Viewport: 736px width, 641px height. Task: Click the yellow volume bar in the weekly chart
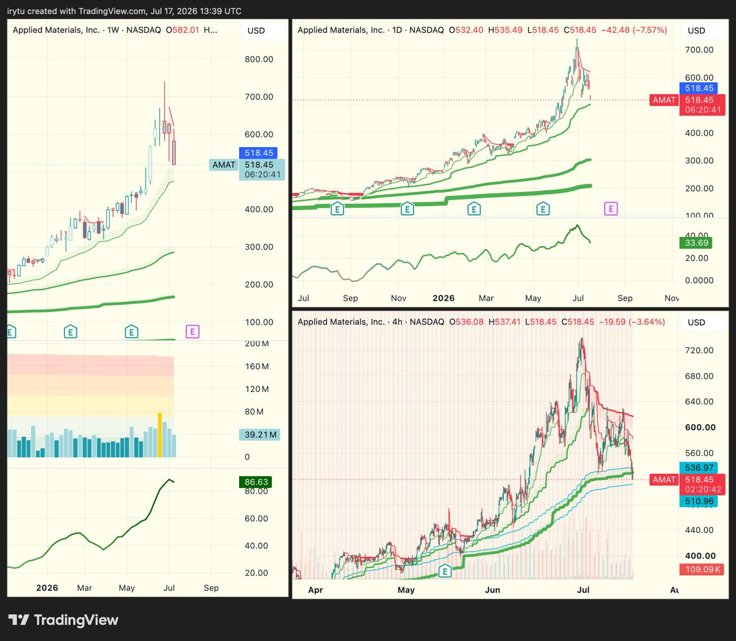point(160,435)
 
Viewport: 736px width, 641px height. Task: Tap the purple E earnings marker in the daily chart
point(611,209)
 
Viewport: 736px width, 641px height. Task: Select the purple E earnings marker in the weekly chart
point(193,332)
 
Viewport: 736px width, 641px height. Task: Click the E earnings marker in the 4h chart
point(445,571)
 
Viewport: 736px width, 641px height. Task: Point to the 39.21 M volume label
point(260,435)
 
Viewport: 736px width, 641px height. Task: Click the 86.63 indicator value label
point(256,482)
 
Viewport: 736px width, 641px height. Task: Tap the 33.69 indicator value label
point(696,243)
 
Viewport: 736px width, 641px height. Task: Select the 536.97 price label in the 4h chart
point(699,468)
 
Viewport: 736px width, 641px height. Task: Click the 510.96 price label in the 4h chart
point(699,501)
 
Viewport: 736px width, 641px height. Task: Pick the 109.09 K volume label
point(702,570)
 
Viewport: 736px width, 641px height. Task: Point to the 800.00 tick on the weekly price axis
point(259,59)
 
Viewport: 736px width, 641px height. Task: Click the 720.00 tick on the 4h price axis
point(699,351)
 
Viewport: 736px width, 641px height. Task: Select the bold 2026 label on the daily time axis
point(443,298)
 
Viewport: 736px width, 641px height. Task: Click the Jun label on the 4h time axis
point(492,590)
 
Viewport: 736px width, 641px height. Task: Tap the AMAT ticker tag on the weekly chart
point(224,165)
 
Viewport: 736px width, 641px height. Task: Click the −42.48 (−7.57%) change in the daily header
point(634,30)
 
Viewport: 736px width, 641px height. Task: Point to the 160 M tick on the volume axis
point(257,366)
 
